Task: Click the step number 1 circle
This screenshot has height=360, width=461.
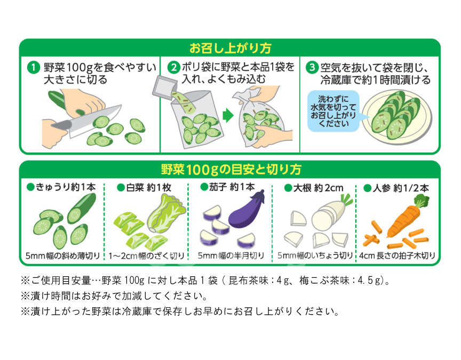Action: [x=33, y=68]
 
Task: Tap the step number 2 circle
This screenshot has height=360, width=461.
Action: [x=173, y=68]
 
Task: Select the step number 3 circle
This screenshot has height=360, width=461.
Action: [x=312, y=67]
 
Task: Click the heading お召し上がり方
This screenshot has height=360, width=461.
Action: [x=230, y=48]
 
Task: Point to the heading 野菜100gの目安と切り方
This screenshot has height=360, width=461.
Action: [x=231, y=170]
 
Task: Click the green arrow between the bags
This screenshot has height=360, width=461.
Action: [x=228, y=115]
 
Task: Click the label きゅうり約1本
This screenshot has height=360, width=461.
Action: [x=61, y=187]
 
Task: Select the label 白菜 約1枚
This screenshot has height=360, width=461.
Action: [x=144, y=188]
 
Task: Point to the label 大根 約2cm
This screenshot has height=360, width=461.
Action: [x=314, y=188]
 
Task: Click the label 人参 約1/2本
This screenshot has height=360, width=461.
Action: [x=396, y=188]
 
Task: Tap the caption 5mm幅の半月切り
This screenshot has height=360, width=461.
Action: [x=231, y=255]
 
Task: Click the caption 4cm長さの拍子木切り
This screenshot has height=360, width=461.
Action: [x=397, y=255]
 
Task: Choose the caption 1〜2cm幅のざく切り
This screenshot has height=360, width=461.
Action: [x=146, y=256]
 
